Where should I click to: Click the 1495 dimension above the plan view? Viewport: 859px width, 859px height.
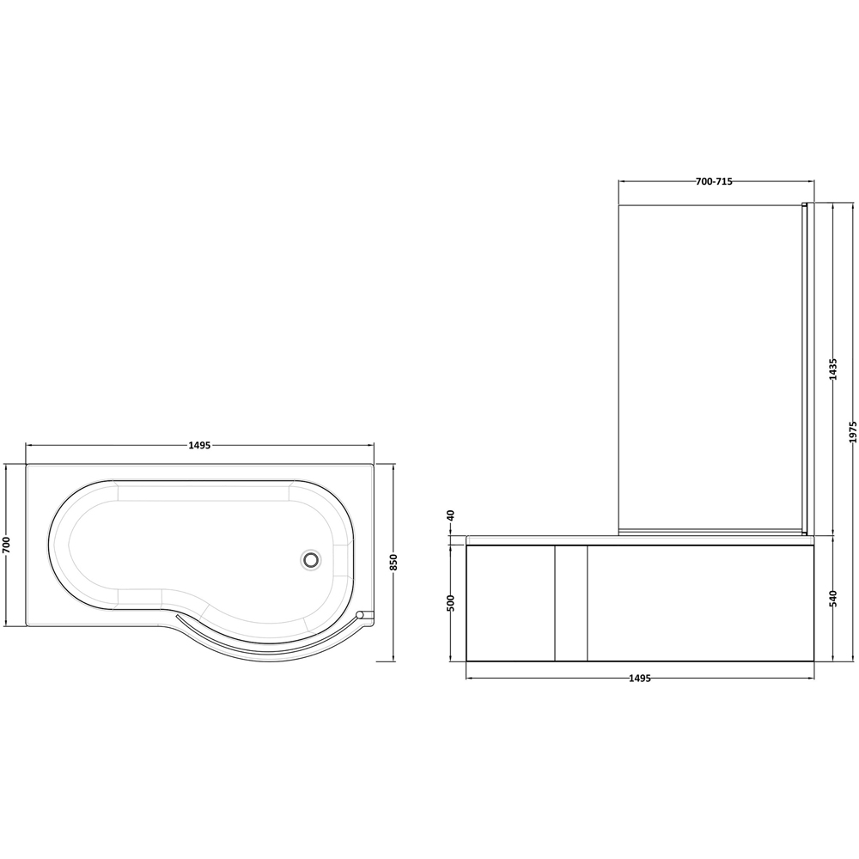click(199, 445)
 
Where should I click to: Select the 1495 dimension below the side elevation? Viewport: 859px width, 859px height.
click(639, 678)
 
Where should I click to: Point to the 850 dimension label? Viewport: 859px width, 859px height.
click(394, 563)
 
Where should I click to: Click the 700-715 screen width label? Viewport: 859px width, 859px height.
click(714, 181)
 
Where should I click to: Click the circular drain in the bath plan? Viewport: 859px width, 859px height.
click(310, 559)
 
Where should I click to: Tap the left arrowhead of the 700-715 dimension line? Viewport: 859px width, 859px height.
click(622, 181)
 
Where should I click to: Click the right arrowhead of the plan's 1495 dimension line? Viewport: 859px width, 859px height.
click(371, 445)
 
